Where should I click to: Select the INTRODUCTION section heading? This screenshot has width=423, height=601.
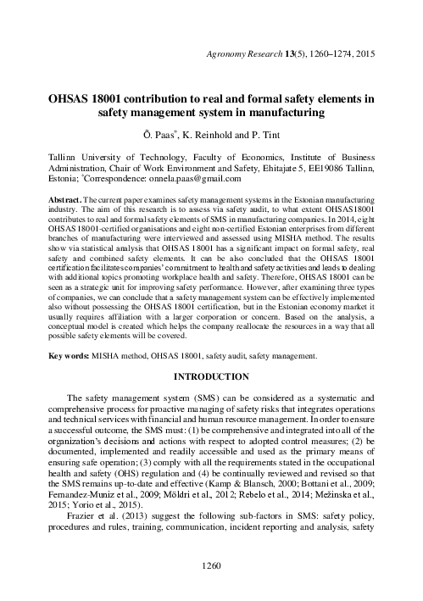211,399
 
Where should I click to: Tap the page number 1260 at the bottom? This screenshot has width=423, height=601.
211,587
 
